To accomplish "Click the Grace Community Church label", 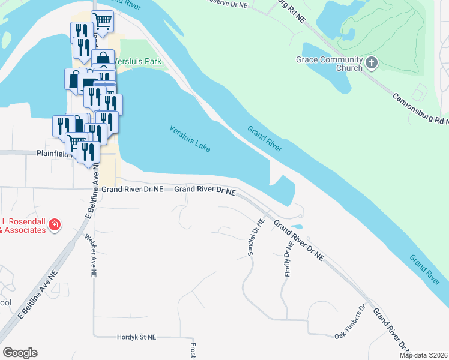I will point(329,64).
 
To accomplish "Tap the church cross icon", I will point(372,62).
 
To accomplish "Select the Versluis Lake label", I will point(190,138).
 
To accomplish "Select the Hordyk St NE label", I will point(136,337).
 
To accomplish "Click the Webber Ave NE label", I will point(89,256).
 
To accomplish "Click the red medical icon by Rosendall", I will point(55,225).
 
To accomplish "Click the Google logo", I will point(20,353).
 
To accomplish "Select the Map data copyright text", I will point(424,355).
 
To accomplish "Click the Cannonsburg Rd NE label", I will point(420,109).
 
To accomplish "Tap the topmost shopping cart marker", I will point(103,22).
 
